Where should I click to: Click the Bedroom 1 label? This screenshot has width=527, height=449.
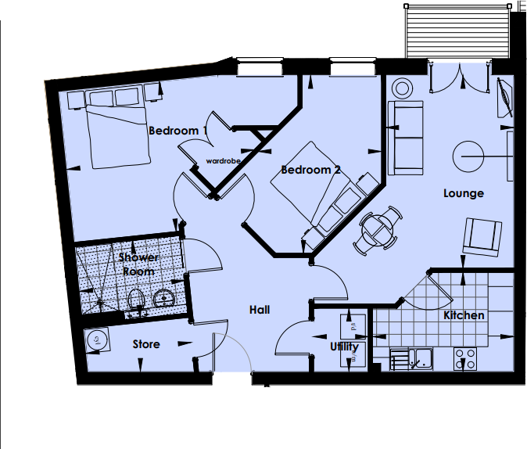click(177, 131)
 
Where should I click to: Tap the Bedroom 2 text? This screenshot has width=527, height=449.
click(310, 170)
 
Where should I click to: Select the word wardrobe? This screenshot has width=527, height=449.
click(223, 160)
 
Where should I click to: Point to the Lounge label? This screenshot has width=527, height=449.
click(464, 193)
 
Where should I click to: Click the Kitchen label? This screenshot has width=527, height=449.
click(464, 315)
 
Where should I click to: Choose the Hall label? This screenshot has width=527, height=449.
click(260, 310)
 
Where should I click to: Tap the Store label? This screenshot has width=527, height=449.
click(146, 344)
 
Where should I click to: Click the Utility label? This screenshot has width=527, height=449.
click(344, 347)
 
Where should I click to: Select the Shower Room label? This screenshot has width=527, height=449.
click(139, 264)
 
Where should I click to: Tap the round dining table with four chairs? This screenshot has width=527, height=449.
click(379, 229)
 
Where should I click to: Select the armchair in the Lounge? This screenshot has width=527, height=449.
click(482, 237)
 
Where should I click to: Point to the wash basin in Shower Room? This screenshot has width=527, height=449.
click(165, 298)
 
